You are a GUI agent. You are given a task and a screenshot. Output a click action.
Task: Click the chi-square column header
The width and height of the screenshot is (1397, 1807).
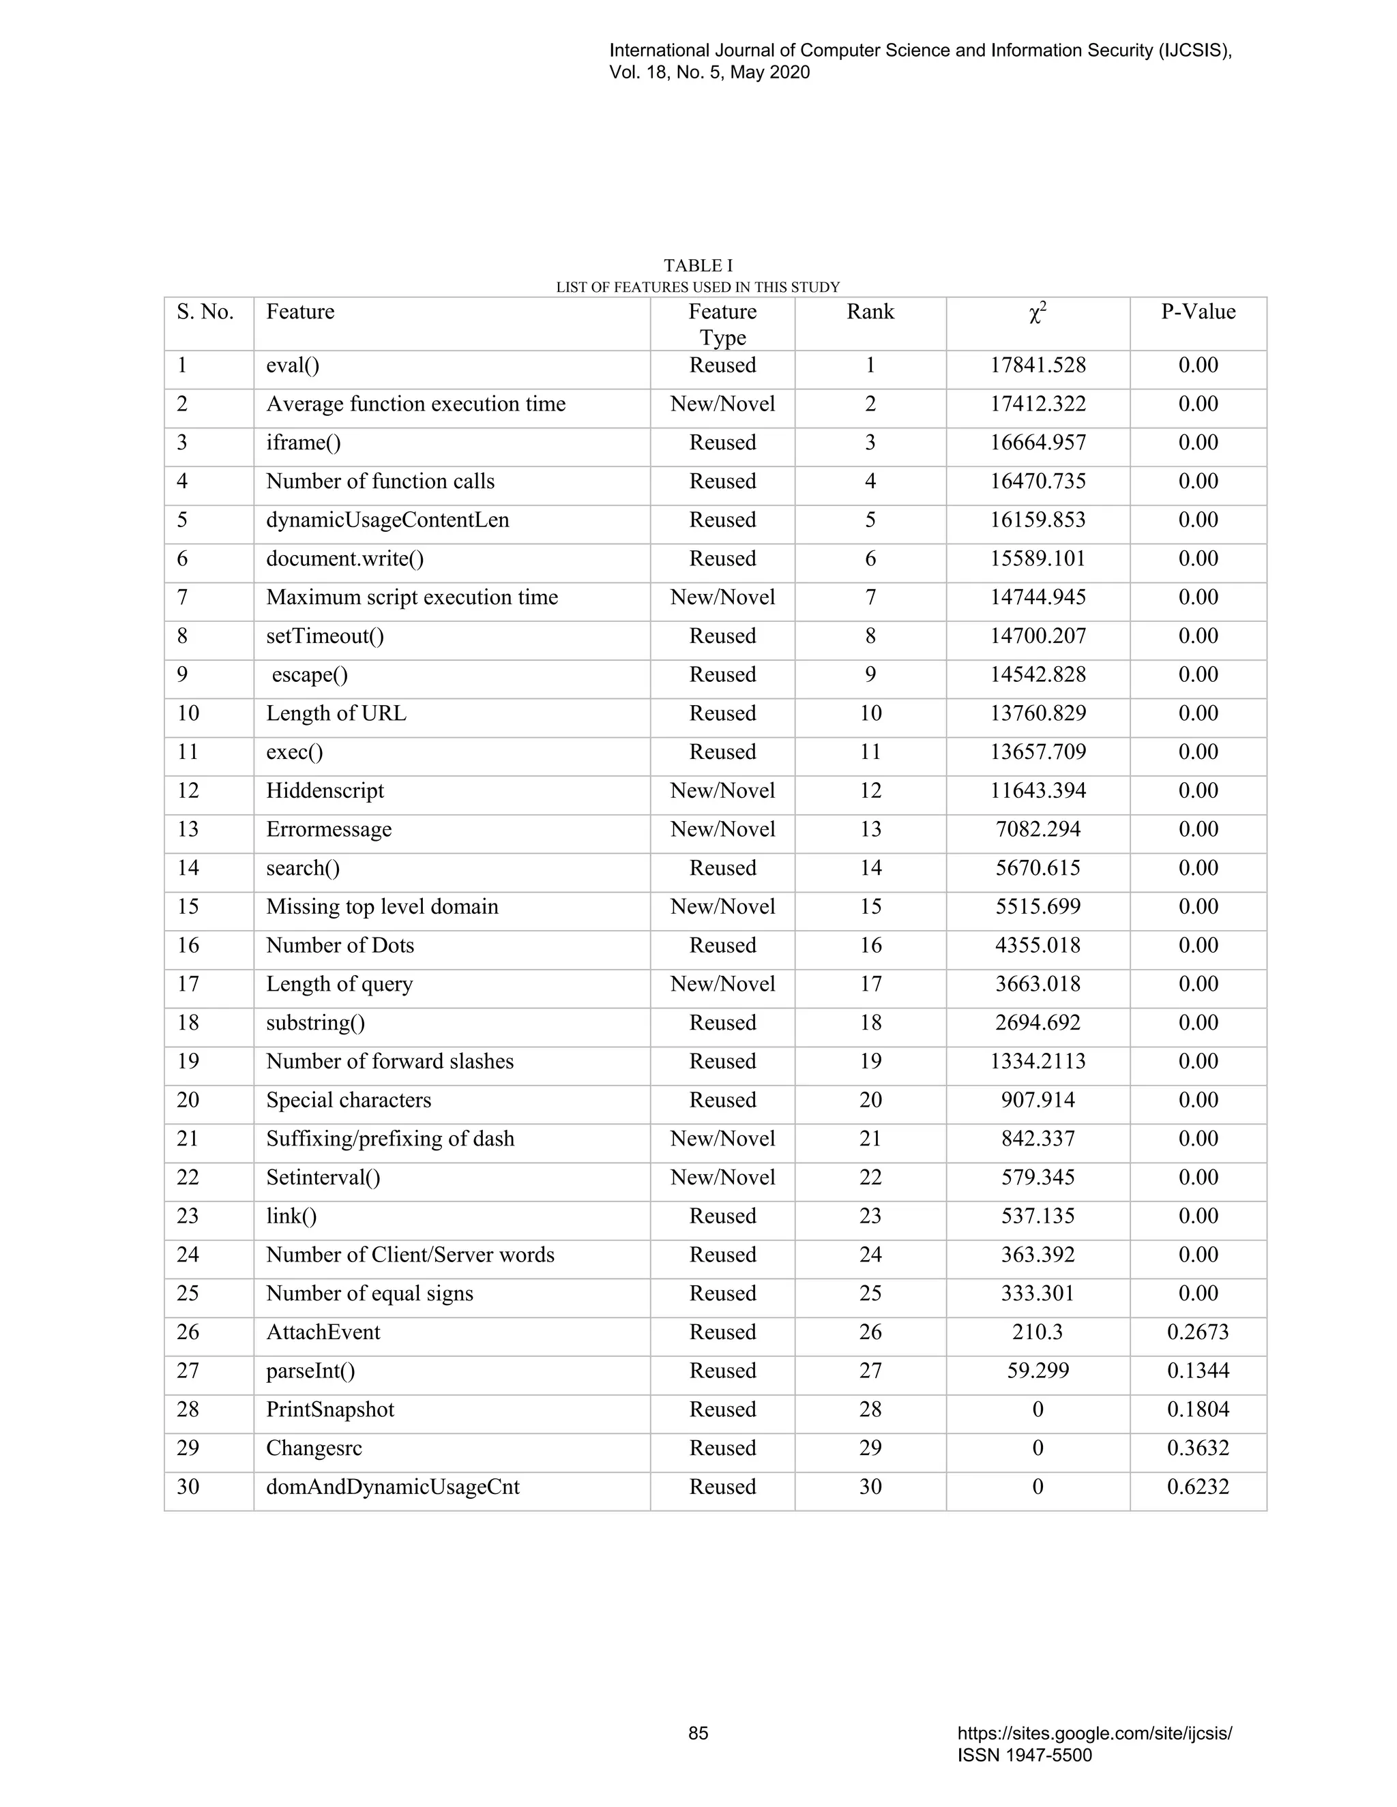pyautogui.click(x=1038, y=313)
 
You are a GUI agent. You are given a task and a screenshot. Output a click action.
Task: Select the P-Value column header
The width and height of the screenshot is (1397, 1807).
pyautogui.click(x=1198, y=312)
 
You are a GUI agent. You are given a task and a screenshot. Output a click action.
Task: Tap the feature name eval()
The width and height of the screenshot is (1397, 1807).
pyautogui.click(x=292, y=365)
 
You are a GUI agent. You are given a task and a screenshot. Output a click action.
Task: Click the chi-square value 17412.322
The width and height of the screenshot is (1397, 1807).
pyautogui.click(x=1038, y=404)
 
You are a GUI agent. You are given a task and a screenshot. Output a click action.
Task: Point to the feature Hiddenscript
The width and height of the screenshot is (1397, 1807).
pyautogui.click(x=325, y=791)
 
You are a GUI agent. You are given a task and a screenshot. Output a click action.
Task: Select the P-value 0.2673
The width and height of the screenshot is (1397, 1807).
pyautogui.click(x=1198, y=1332)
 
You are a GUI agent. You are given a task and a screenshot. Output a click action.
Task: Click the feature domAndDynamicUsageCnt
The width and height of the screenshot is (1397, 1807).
pyautogui.click(x=392, y=1487)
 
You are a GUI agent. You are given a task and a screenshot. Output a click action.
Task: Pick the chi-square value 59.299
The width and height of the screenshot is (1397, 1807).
pyautogui.click(x=1038, y=1371)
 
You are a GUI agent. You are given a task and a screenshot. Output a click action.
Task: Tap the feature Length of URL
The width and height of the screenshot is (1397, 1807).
pyautogui.click(x=336, y=713)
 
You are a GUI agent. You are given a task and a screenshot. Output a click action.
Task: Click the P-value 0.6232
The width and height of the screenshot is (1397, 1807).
pyautogui.click(x=1198, y=1487)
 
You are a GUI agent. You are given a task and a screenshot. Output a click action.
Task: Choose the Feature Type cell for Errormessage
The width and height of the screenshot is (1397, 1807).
pyautogui.click(x=722, y=830)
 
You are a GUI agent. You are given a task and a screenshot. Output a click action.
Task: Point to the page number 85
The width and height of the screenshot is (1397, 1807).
pyautogui.click(x=698, y=1733)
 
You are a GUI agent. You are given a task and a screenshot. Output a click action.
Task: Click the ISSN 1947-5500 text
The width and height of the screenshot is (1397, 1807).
pyautogui.click(x=1025, y=1755)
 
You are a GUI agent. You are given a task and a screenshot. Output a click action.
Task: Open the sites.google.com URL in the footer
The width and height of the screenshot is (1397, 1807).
pyautogui.click(x=1094, y=1733)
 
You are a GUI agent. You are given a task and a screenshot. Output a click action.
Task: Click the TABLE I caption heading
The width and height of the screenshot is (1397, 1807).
pyautogui.click(x=698, y=265)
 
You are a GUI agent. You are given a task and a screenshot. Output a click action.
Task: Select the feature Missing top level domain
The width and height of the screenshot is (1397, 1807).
pyautogui.click(x=383, y=907)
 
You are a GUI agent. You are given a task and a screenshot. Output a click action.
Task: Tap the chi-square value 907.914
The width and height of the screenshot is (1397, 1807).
pyautogui.click(x=1038, y=1101)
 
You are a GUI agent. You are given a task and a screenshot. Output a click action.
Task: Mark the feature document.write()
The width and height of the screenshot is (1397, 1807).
pyautogui.click(x=344, y=559)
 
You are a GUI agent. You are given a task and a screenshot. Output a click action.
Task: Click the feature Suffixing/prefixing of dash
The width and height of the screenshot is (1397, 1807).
pyautogui.click(x=389, y=1139)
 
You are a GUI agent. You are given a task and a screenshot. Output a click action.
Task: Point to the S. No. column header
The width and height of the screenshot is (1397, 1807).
pyautogui.click(x=205, y=312)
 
